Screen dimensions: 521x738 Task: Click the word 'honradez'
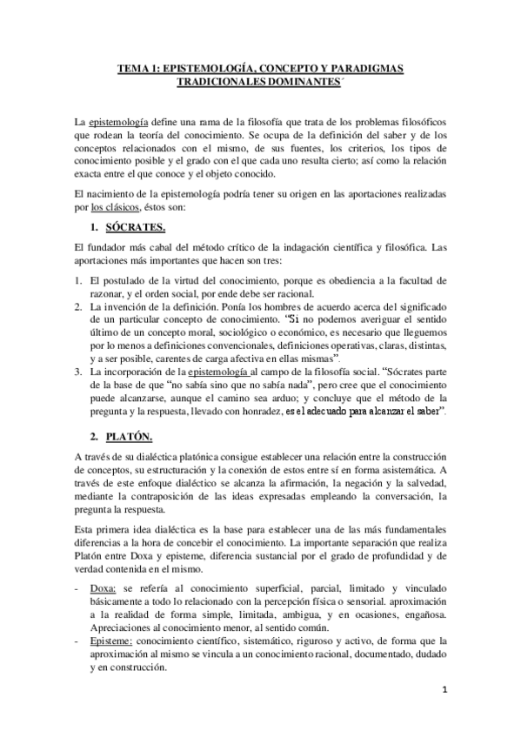255,411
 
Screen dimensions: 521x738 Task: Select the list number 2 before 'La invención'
78,307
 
